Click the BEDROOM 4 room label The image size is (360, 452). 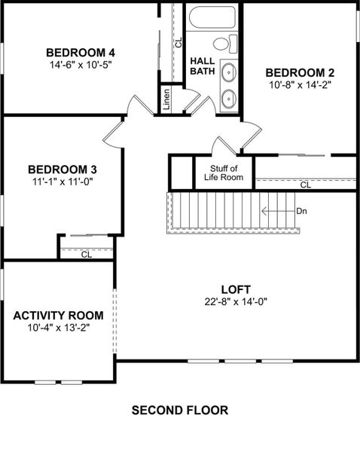click(x=80, y=52)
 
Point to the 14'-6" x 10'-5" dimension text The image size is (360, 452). click(x=80, y=65)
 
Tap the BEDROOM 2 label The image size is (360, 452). click(x=300, y=72)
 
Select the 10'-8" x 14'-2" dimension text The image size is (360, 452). click(x=300, y=85)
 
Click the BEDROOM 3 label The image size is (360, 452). click(x=62, y=169)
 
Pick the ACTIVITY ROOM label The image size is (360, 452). click(x=58, y=315)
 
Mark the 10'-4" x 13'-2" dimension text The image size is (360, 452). click(x=58, y=328)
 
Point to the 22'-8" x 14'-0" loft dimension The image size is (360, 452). click(x=235, y=301)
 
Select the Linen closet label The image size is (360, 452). click(x=166, y=99)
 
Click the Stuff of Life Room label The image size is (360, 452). click(x=224, y=173)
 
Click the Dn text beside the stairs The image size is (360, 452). click(x=301, y=211)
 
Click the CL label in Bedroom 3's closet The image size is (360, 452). click(x=86, y=254)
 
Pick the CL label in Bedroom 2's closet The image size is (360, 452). click(x=306, y=185)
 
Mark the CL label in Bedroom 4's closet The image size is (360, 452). click(x=178, y=42)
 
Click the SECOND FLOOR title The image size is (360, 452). click(x=179, y=411)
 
